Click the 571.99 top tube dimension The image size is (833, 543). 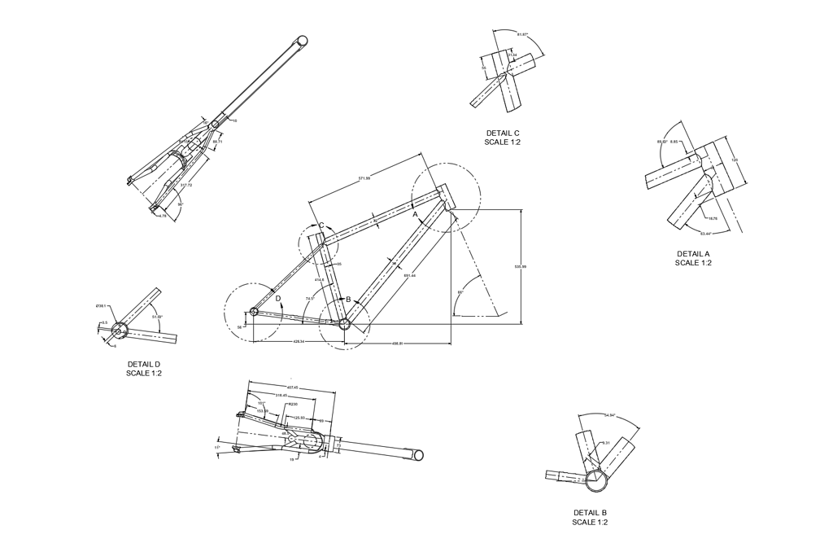[363, 178]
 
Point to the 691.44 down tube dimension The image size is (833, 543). [409, 275]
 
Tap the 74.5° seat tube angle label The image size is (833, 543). [310, 299]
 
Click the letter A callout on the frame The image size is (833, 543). [415, 214]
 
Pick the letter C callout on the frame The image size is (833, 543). [321, 226]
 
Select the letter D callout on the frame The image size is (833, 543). [278, 299]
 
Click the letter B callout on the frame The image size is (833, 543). [348, 300]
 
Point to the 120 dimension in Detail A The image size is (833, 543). [735, 160]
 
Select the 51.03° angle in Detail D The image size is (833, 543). [157, 317]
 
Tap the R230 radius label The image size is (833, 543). [293, 403]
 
